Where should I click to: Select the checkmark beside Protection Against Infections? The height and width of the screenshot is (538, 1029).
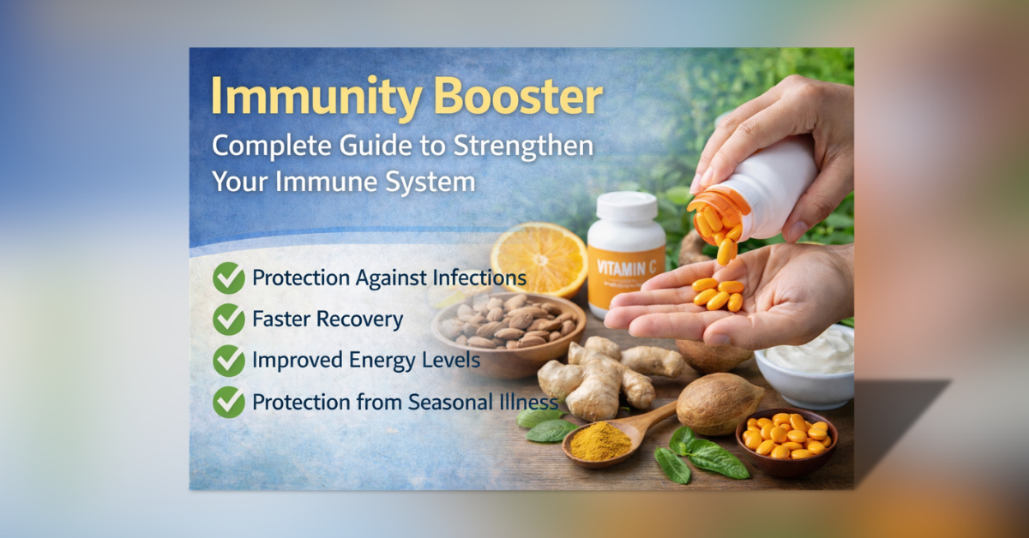[229, 278]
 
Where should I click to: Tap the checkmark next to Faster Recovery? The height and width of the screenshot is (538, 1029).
[229, 320]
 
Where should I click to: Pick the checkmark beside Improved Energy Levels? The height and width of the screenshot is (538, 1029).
[229, 361]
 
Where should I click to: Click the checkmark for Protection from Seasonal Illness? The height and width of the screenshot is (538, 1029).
[229, 402]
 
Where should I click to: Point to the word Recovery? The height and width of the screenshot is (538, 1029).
[361, 320]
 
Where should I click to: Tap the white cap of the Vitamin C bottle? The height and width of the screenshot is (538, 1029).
[626, 206]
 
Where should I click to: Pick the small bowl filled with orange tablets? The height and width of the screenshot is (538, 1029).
[785, 437]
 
